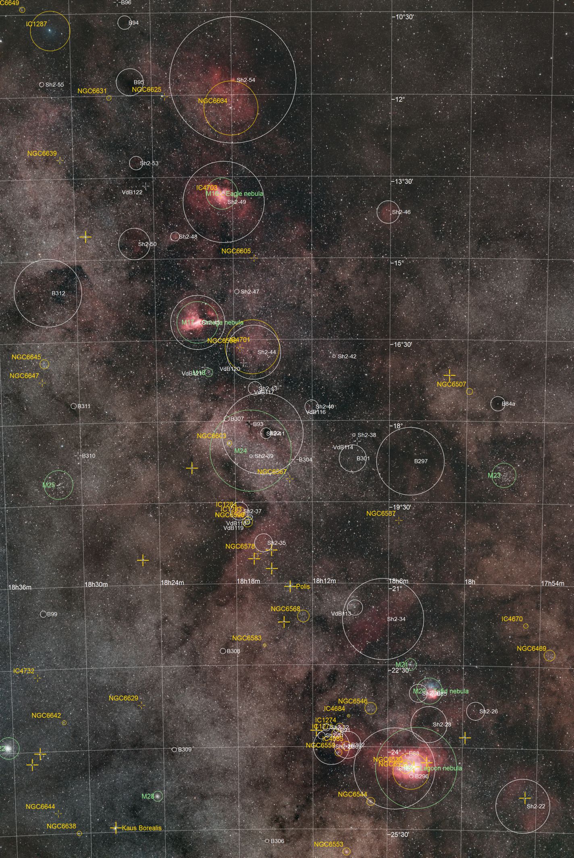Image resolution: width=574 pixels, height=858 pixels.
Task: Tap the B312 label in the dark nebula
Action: pos(58,293)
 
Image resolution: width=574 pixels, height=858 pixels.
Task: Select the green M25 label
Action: pos(49,485)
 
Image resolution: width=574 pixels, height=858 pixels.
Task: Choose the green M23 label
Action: pos(494,475)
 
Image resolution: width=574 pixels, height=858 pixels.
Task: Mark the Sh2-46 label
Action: pos(401,212)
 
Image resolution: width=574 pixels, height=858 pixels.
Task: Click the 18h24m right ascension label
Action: pos(172,582)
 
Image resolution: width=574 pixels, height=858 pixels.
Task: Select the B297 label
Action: pos(421,461)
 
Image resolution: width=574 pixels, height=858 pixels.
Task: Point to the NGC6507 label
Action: pos(451,384)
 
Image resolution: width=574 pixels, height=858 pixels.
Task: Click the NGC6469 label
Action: pos(531,648)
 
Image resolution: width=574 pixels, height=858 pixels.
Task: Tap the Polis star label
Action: pos(303,586)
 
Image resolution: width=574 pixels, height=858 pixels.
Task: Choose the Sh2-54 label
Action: pos(245,80)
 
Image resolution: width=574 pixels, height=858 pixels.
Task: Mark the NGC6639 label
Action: pos(42,153)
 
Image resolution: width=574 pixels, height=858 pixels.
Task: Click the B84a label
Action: pos(508,403)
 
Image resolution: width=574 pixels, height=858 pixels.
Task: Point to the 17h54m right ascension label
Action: pos(552,583)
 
